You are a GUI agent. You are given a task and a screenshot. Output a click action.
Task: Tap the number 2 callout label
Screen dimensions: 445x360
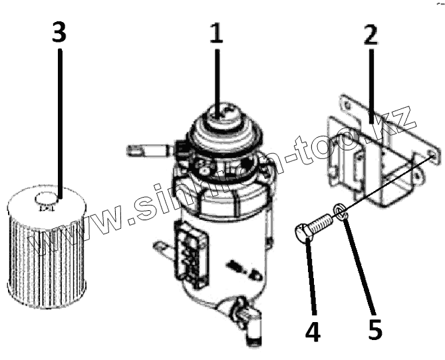click(x=371, y=34)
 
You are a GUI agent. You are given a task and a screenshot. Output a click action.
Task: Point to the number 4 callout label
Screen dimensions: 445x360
click(x=313, y=330)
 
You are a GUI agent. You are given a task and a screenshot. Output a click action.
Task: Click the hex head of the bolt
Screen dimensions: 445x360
click(x=303, y=235)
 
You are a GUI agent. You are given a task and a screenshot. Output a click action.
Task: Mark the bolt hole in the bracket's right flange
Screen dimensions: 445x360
click(x=433, y=156)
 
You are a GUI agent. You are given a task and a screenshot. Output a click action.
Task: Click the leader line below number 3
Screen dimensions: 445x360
click(x=60, y=120)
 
